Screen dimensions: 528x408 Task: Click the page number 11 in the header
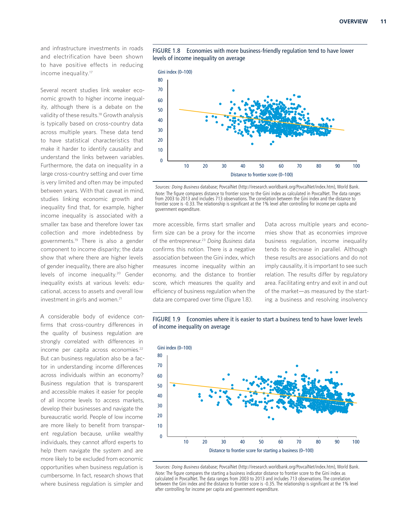tap(383, 21)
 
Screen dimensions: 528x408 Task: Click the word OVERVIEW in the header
tap(353, 21)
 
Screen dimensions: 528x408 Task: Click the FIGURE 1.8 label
tap(166, 51)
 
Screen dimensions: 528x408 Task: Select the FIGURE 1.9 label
tap(166, 319)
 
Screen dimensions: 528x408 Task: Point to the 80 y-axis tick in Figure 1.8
tap(160, 80)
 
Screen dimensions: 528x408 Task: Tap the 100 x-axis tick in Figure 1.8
tap(356, 166)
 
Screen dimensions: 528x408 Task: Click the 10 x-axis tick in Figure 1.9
tap(186, 442)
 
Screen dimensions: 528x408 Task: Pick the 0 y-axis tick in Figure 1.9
tap(161, 436)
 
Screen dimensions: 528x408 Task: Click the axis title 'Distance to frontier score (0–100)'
tap(261, 175)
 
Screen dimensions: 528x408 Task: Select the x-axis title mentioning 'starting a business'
tap(261, 451)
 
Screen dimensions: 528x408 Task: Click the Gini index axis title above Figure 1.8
tap(175, 72)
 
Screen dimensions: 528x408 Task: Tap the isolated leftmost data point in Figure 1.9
tap(174, 385)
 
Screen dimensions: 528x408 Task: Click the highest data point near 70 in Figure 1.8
tap(233, 91)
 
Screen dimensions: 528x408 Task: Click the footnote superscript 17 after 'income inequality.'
tap(91, 72)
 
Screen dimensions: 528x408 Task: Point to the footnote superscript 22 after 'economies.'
tap(141, 348)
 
